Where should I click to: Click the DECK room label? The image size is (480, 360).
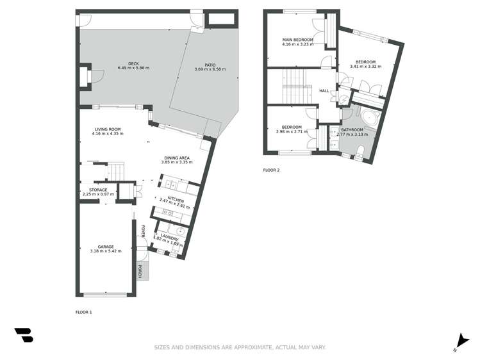[x=133, y=63]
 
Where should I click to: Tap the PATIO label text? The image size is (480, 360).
[x=210, y=65]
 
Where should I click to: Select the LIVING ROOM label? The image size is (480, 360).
[x=107, y=129]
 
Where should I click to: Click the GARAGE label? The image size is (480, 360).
[x=106, y=247]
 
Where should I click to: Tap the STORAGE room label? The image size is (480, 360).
[x=98, y=190]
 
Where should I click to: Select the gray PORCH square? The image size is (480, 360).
[x=142, y=271]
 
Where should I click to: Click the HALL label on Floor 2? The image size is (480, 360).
[x=324, y=91]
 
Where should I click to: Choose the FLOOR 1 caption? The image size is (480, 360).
[x=84, y=312]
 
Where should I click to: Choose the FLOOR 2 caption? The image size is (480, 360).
[x=272, y=170]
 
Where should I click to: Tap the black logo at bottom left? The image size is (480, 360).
[x=24, y=334]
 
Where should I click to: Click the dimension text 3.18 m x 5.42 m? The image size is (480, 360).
[x=106, y=251]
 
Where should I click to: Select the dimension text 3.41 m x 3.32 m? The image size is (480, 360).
[x=365, y=67]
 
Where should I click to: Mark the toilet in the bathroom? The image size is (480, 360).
[x=361, y=151]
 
